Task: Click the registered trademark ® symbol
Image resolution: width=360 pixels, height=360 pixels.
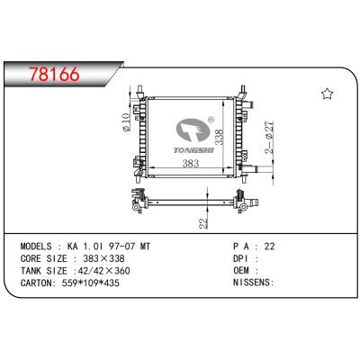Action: pyautogui.click(x=210, y=118)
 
